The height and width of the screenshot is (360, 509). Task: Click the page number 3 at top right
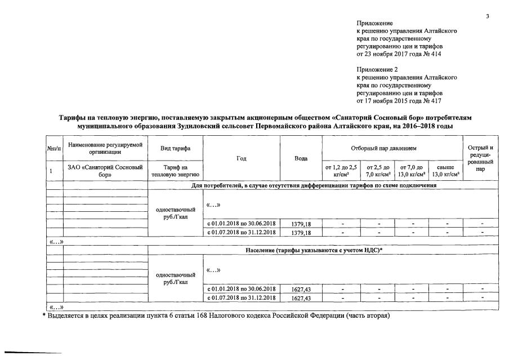[x=488, y=16]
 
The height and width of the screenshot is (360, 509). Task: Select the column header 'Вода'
[x=301, y=158]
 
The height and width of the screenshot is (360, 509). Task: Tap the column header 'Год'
[x=242, y=158]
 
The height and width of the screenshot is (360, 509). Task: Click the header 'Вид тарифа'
[x=175, y=148]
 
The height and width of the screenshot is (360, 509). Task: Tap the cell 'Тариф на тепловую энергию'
[x=175, y=171]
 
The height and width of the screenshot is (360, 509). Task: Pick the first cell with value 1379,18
[x=301, y=224]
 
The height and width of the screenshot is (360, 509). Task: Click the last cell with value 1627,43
[x=301, y=297]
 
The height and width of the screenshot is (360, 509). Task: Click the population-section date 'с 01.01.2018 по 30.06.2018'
[x=242, y=289]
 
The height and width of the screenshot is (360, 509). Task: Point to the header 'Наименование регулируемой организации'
[x=105, y=148]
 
